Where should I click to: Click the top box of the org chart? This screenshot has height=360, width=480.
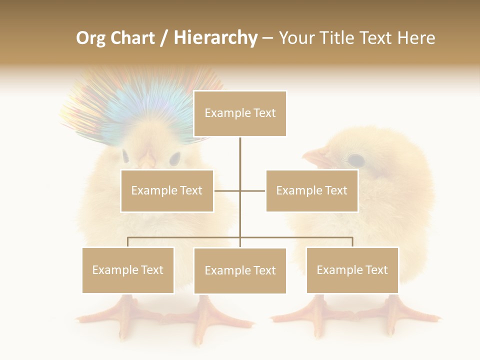click(240, 113)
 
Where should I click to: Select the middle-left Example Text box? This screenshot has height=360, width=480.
click(167, 190)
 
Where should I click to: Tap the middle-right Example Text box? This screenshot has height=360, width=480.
click(311, 190)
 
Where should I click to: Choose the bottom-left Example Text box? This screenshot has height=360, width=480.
click(128, 270)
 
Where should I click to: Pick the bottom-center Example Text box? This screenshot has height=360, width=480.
click(240, 270)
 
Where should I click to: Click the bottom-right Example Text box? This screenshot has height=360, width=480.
click(352, 270)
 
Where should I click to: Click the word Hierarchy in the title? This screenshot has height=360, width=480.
click(215, 38)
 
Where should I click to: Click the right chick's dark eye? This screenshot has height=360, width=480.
click(355, 160)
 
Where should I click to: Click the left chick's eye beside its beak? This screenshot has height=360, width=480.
click(174, 159)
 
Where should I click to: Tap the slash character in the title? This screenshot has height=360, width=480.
click(164, 38)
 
